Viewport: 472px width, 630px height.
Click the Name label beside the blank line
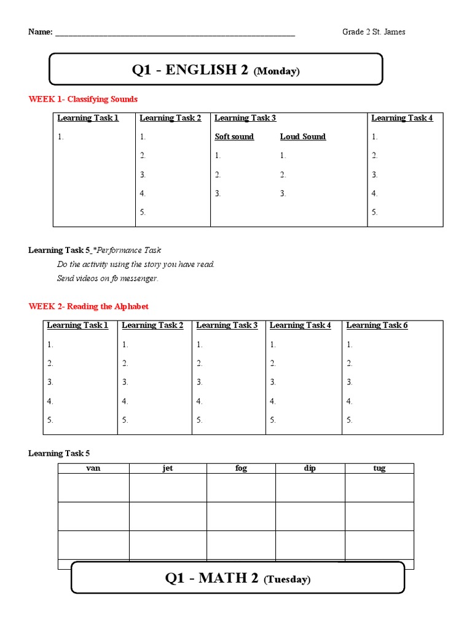pos(40,32)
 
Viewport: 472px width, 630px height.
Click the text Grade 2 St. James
pos(374,32)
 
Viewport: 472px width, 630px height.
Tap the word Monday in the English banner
pos(277,71)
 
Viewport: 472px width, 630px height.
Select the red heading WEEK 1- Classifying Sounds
pos(83,99)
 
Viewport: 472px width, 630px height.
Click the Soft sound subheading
pos(234,137)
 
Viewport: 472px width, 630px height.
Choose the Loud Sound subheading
pos(303,137)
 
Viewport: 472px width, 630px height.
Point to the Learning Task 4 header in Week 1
pos(402,118)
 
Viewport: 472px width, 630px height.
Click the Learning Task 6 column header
pos(377,325)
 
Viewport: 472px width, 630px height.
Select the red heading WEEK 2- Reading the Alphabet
pos(88,306)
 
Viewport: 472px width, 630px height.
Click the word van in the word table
pos(93,468)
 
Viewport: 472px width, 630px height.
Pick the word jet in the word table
pos(168,468)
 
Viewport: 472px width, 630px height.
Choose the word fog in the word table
pos(241,468)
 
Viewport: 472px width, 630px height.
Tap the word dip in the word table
pos(310,468)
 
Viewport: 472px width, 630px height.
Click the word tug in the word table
pos(379,468)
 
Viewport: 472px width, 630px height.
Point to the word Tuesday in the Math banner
pos(287,580)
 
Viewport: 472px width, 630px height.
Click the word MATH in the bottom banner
pos(220,578)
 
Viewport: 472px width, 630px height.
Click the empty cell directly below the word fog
pos(241,488)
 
